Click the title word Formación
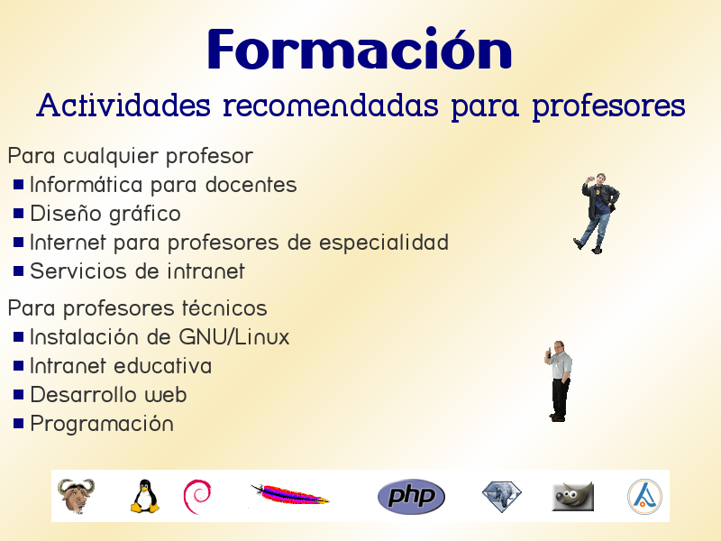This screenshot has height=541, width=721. (359, 50)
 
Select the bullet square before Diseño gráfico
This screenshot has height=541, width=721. (19, 214)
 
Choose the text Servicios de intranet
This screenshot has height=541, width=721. (137, 271)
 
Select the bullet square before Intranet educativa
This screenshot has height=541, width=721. (19, 366)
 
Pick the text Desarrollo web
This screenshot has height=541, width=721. (108, 395)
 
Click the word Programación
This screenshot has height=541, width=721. (101, 424)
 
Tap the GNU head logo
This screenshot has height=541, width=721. (76, 496)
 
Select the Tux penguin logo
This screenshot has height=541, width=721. (144, 496)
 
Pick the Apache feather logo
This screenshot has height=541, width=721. (288, 495)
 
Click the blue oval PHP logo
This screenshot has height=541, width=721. (411, 496)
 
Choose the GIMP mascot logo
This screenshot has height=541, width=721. (572, 496)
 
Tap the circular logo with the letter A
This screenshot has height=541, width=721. (644, 496)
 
